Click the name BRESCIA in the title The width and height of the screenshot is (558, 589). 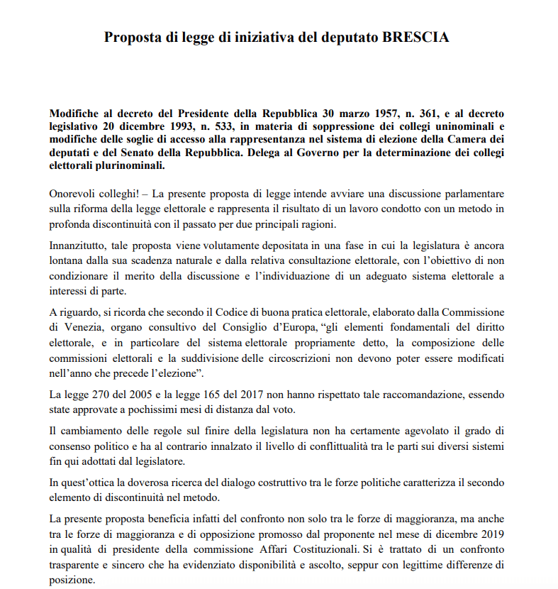[417, 37]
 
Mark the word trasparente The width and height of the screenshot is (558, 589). [78, 564]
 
